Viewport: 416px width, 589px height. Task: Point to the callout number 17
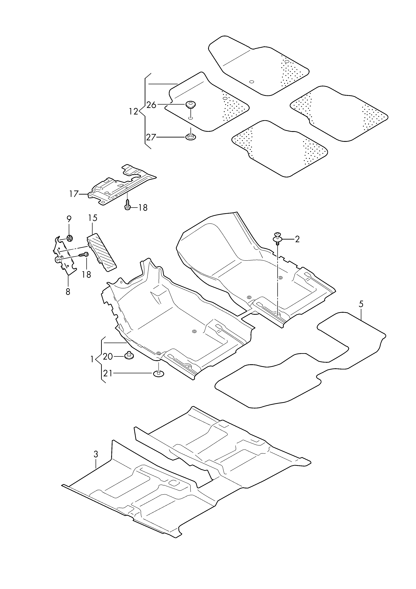pos(74,194)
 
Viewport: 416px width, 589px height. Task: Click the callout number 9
pos(69,219)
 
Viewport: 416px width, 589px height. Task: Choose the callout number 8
pos(68,292)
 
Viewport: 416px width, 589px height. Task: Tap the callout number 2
pos(297,239)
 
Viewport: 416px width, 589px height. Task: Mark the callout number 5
pos(361,304)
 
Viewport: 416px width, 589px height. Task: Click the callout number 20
pos(108,357)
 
